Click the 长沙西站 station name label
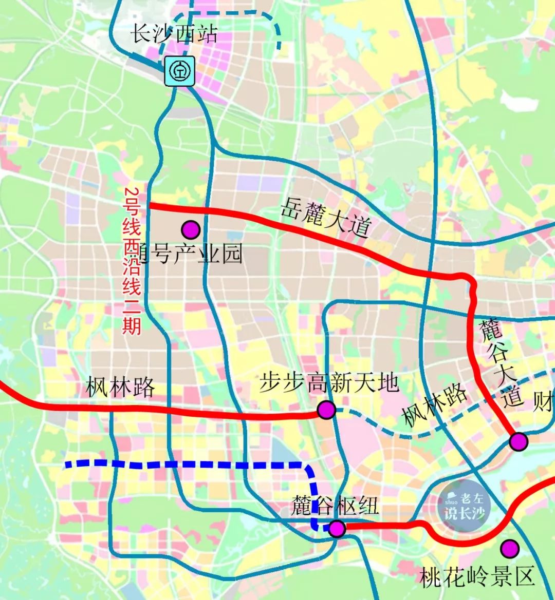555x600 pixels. point(174,34)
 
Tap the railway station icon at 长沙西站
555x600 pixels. point(180,71)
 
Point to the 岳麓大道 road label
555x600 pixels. point(325,219)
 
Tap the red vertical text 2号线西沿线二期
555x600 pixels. point(132,260)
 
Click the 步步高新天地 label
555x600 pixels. point(329,382)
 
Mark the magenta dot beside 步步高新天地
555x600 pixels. point(326,410)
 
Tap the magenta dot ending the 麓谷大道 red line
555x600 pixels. point(519,441)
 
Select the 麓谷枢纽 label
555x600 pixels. point(335,506)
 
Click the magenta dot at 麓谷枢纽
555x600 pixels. point(337,528)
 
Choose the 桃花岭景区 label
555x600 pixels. point(477,577)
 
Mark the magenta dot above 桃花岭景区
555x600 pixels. point(510,548)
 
